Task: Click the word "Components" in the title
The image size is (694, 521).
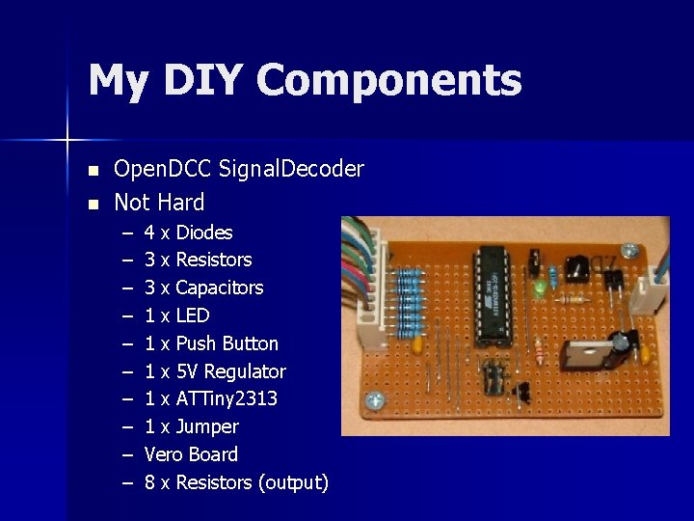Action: point(389,81)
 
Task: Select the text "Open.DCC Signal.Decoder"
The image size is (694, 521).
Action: point(239,170)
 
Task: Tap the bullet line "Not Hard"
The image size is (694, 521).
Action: point(159,203)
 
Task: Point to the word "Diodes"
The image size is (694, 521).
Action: point(203,233)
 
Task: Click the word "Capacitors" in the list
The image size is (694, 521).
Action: point(219,288)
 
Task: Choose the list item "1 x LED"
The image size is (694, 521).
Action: point(176,315)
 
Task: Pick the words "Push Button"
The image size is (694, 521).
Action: point(227,343)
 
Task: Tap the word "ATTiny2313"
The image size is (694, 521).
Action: point(227,398)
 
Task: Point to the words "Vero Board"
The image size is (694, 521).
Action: point(191,454)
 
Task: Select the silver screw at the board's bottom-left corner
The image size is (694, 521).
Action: point(375,399)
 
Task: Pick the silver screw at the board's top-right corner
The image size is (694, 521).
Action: point(629,249)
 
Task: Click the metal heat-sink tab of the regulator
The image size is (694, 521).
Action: point(590,355)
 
